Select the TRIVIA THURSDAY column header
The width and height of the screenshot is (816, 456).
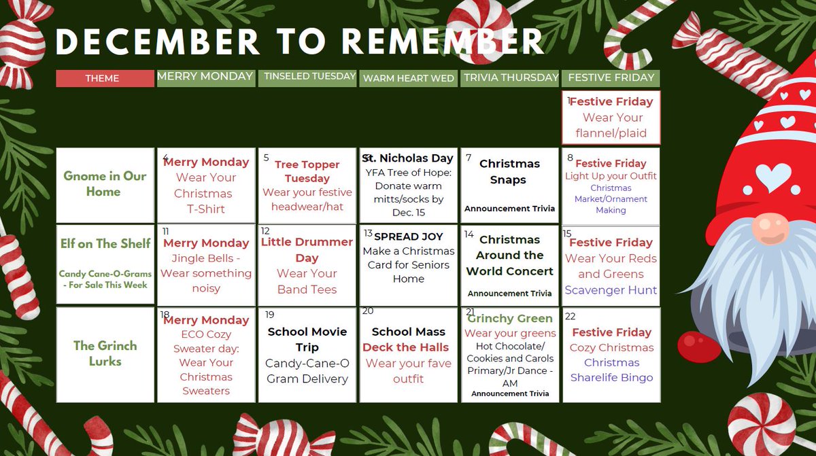511,77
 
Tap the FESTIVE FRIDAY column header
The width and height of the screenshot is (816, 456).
611,77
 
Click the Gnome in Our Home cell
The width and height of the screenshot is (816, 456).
105,184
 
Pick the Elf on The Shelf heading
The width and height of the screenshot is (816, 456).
105,244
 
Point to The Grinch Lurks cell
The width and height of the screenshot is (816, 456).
105,353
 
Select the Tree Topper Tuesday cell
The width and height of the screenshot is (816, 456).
307,185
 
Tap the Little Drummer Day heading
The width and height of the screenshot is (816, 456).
307,249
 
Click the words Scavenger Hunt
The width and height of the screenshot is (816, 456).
611,290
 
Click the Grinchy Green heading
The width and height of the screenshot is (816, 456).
510,319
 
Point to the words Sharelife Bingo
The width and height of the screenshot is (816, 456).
611,378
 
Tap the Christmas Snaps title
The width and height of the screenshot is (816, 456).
509,172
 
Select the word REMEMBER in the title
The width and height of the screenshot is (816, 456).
443,41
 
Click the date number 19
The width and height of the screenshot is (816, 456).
270,315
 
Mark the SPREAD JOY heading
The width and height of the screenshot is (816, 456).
408,236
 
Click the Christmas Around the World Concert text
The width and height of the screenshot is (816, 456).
510,256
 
